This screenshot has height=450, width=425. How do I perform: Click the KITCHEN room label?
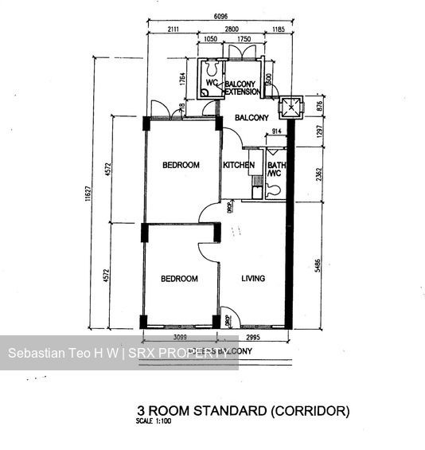click(x=239, y=165)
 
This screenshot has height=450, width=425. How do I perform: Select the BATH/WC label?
click(x=275, y=170)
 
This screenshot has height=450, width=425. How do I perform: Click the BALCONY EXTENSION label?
click(x=242, y=88)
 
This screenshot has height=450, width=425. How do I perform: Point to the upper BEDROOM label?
click(x=180, y=165)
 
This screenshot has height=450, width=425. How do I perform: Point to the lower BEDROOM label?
click(x=179, y=279)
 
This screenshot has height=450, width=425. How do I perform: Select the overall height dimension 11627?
click(x=96, y=194)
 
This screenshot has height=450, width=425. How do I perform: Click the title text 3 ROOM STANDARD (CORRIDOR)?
click(x=244, y=412)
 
